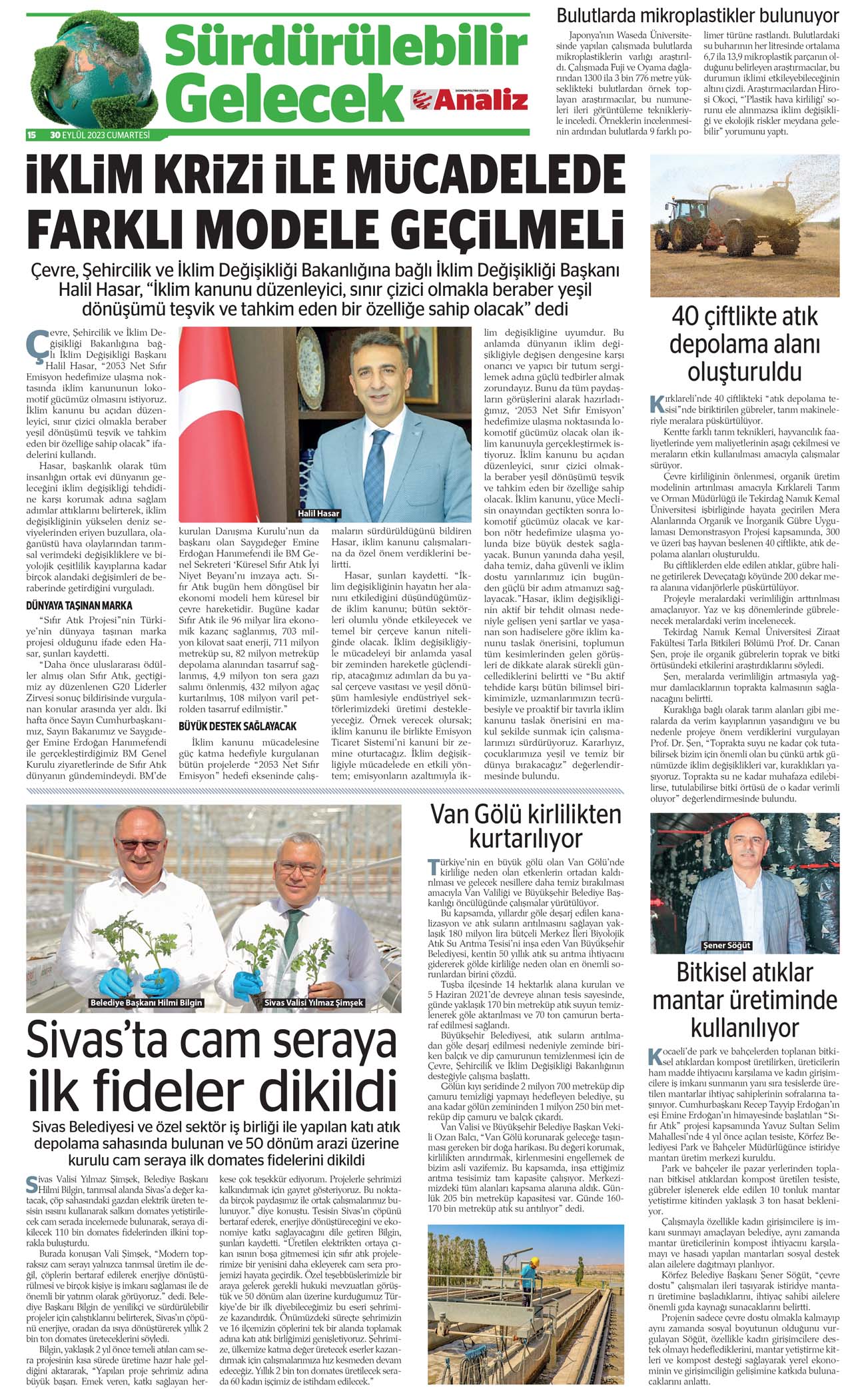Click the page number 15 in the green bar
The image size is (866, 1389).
[31, 135]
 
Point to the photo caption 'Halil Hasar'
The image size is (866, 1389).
[318, 513]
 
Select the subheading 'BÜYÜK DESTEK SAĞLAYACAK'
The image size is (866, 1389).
[237, 726]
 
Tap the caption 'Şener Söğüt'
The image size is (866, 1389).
[727, 945]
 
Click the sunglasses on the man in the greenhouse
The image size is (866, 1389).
[142, 844]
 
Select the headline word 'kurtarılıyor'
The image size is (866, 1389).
[526, 838]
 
